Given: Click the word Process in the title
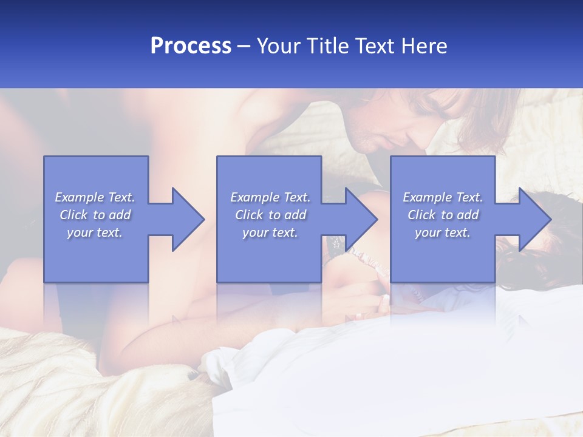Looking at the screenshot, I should point(191,46).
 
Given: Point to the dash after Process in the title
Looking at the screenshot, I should point(244,47).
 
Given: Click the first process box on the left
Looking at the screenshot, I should point(96,255).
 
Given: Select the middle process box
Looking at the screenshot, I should point(269,255).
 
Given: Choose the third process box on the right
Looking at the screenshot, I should point(442,255).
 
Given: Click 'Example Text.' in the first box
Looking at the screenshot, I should point(95,197).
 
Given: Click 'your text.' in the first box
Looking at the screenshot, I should point(95,232).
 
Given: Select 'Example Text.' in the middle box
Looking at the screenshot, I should point(270,197).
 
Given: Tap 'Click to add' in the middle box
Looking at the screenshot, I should point(270,215).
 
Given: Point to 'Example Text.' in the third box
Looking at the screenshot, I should point(443,197).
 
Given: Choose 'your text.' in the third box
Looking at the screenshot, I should point(443,232).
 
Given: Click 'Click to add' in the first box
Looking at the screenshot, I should point(95,215).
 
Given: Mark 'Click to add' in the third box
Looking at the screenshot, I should point(443,215).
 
